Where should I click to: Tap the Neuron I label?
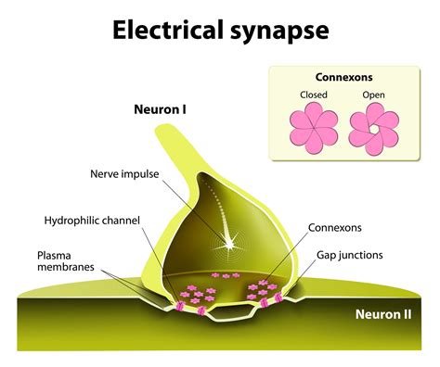coord(160,108)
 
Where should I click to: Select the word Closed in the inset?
coord(313,95)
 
